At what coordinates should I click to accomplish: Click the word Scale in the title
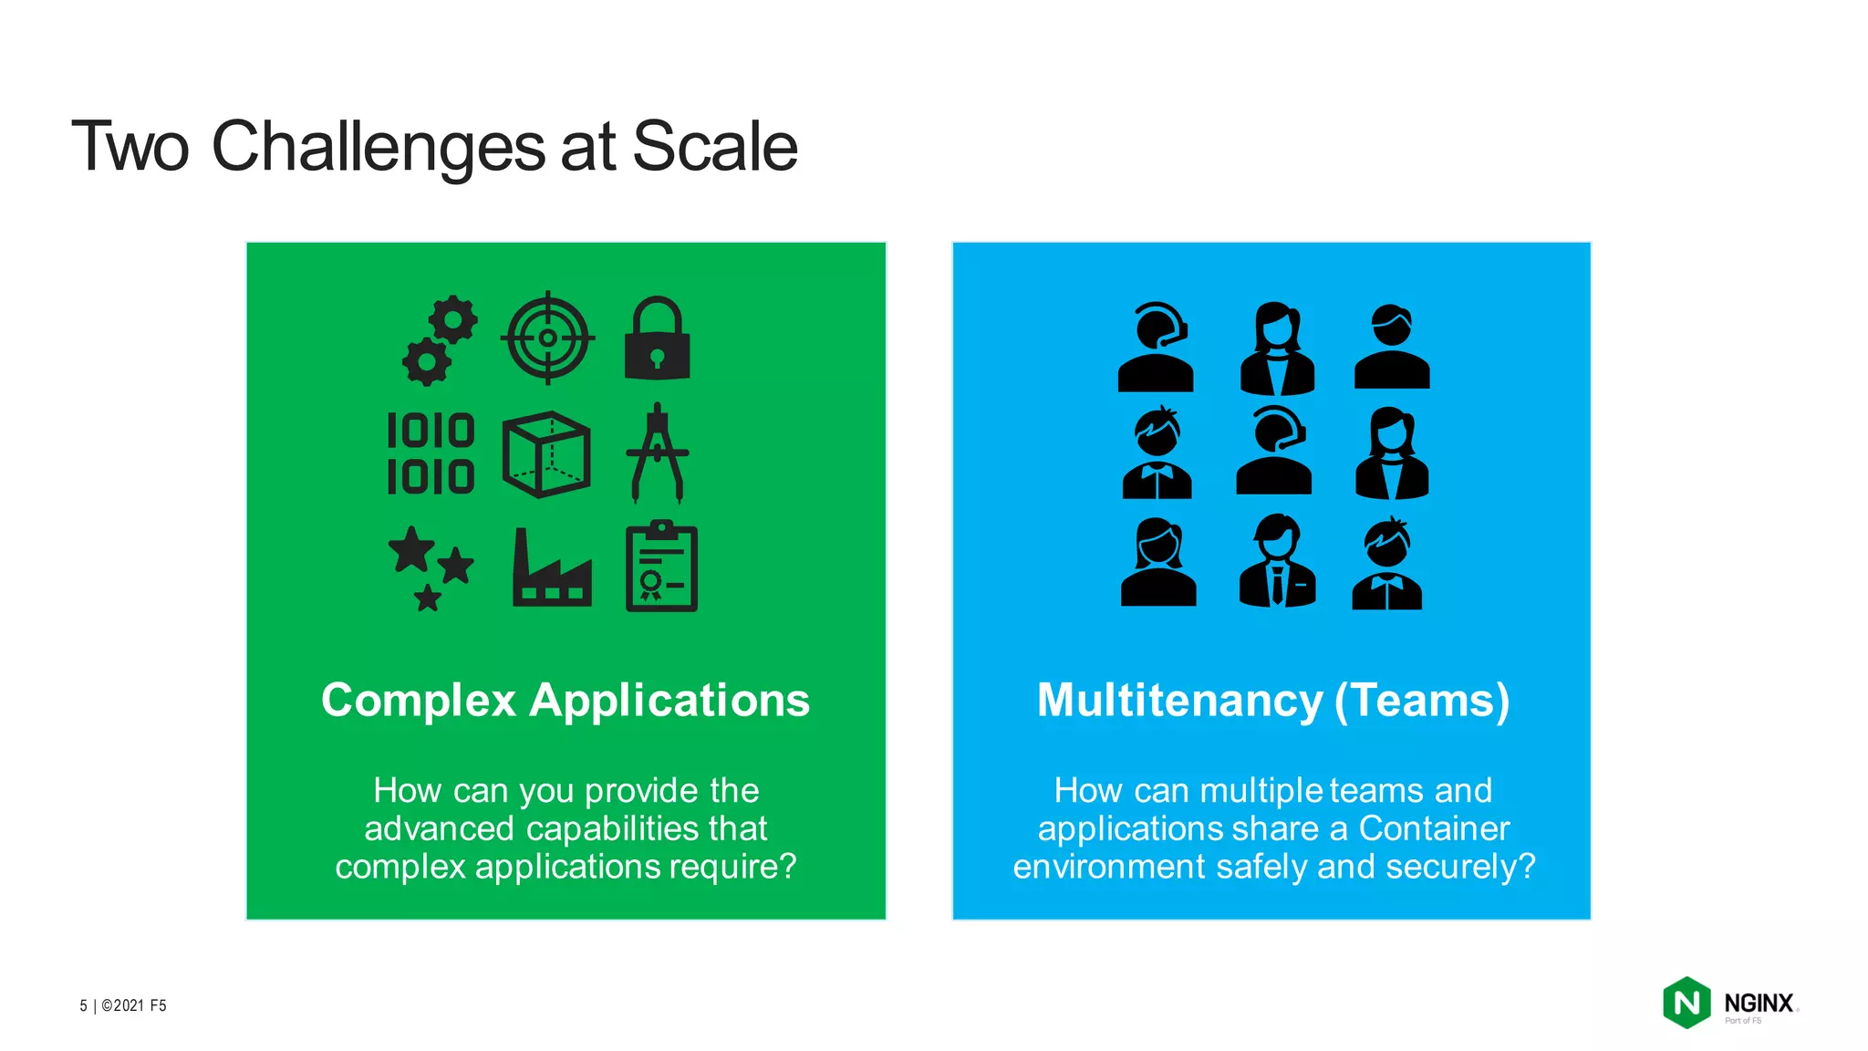[x=714, y=146]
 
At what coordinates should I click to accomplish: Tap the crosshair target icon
[x=547, y=338]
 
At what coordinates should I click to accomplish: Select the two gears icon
[x=440, y=339]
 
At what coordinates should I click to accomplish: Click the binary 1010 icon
[x=431, y=453]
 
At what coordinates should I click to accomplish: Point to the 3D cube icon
[x=545, y=453]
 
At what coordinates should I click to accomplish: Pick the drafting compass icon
[x=658, y=453]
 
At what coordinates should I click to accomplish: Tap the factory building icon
[x=552, y=567]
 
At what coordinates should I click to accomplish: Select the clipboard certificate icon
[x=661, y=567]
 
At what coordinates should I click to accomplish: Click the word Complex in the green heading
[x=419, y=701]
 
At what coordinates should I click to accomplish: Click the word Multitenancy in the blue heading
[x=1179, y=701]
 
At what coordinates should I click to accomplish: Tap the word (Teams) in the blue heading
[x=1422, y=701]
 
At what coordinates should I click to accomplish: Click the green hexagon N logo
[x=1686, y=1003]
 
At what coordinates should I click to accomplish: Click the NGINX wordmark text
[x=1759, y=1003]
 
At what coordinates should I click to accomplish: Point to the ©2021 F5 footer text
[x=133, y=1005]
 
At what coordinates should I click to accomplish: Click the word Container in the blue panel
[x=1434, y=828]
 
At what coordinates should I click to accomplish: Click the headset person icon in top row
[x=1155, y=347]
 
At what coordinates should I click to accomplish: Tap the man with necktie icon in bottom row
[x=1277, y=560]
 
